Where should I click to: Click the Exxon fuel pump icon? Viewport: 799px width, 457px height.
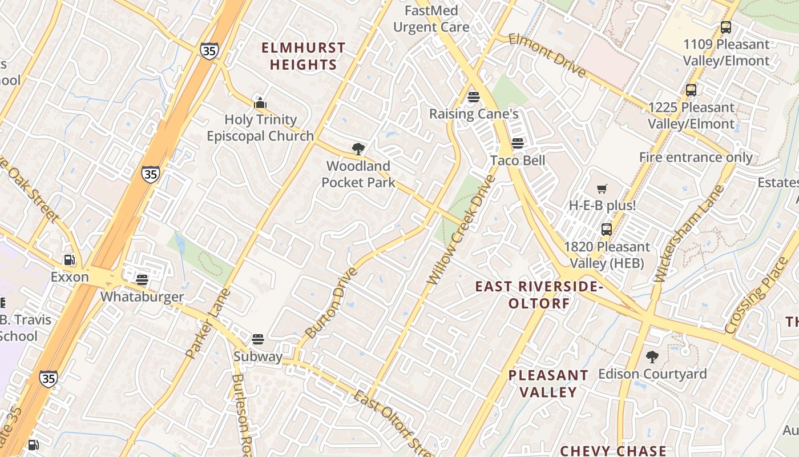tap(69, 260)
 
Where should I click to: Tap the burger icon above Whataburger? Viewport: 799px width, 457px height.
tap(142, 279)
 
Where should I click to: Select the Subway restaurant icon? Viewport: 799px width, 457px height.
tap(258, 339)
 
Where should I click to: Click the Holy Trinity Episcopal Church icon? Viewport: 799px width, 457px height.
tap(260, 103)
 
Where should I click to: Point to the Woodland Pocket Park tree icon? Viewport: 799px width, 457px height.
tap(358, 150)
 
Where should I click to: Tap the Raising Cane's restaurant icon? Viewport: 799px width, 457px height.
tap(473, 97)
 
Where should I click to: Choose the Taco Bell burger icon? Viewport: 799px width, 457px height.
tap(518, 143)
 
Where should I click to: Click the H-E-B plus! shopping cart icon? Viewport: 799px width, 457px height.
tap(602, 189)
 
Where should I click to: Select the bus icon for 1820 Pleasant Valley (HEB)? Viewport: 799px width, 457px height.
tap(607, 230)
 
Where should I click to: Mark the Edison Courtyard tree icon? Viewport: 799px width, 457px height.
tap(652, 358)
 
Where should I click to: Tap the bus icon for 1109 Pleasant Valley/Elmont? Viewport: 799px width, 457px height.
tap(725, 27)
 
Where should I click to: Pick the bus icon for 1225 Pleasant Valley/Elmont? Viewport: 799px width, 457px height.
tap(691, 90)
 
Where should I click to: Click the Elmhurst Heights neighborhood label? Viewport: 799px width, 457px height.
tap(304, 56)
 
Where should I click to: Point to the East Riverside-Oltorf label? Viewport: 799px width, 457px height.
tap(539, 294)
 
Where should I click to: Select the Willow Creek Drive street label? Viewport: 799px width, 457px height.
tap(461, 230)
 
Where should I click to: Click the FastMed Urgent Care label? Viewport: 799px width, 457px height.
tap(431, 19)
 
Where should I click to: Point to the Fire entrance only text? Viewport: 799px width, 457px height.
tap(696, 157)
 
